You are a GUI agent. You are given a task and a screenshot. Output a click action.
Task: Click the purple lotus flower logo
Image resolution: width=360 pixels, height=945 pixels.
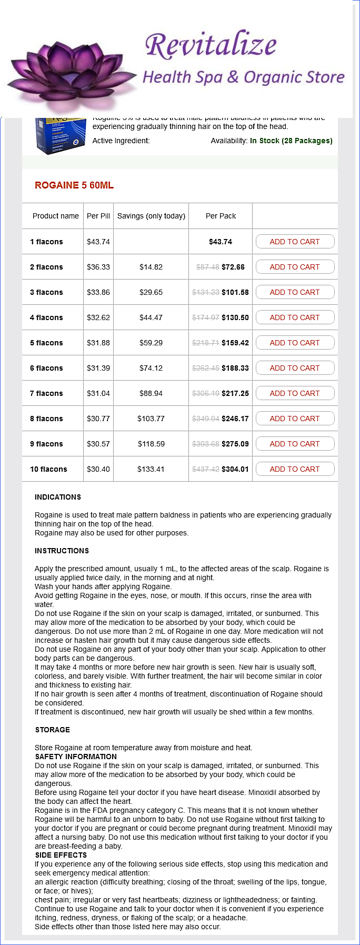coord(71,71)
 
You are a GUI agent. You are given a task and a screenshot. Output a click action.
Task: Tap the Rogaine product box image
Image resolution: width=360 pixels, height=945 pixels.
coord(60,136)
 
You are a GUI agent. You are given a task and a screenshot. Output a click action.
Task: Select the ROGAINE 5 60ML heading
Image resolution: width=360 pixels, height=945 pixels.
coord(74,185)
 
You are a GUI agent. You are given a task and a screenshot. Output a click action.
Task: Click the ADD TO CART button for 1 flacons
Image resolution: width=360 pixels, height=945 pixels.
coord(295,242)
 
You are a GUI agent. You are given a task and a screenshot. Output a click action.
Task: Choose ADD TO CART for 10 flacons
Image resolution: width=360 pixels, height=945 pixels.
coord(295,469)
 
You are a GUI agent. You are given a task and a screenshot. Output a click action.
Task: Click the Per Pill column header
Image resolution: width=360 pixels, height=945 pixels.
coord(98,216)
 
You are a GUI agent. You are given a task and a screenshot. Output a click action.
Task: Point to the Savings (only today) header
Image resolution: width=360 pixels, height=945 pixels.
coord(151,216)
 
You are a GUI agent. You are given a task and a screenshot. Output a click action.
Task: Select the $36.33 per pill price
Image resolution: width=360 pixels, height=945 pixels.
coord(98,267)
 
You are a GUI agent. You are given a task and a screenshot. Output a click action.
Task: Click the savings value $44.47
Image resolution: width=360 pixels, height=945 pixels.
coord(151,317)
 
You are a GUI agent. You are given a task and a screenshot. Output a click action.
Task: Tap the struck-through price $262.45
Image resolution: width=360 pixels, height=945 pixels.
coord(206,368)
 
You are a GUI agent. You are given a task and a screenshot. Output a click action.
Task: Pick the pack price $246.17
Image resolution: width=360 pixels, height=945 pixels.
coord(235,419)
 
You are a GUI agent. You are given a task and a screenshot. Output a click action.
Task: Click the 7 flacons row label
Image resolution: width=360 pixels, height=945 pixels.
coord(46,393)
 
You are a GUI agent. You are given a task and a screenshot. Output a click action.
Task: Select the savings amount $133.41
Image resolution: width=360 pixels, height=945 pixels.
coord(151,469)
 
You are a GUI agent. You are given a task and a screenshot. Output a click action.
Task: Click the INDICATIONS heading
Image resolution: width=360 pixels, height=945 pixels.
coord(58,497)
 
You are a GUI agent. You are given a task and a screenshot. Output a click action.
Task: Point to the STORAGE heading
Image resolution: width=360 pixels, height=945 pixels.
coord(53,730)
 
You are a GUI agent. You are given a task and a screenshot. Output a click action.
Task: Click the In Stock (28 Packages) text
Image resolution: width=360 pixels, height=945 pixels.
coord(291,141)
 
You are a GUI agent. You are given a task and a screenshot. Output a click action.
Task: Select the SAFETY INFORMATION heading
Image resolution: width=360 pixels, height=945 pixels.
coord(76,757)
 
